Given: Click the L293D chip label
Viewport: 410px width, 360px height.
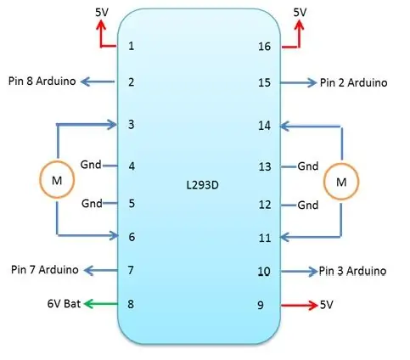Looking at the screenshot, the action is [x=202, y=185].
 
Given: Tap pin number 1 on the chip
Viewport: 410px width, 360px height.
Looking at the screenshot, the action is [x=131, y=46].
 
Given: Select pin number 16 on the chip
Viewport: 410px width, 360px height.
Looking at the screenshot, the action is [x=264, y=47].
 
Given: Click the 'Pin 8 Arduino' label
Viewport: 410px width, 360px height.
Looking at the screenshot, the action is [x=42, y=82].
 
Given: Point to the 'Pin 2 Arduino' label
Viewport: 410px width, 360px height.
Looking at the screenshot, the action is [x=353, y=83].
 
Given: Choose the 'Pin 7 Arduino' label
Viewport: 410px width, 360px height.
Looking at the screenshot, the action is [x=45, y=269].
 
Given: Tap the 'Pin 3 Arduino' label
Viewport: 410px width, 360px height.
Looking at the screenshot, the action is [x=352, y=271].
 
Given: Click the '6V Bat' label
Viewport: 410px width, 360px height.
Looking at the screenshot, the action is [x=64, y=304].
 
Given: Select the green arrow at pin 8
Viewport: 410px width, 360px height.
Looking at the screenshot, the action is [x=101, y=304].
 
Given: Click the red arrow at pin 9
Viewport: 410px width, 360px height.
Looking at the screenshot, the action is [x=300, y=305].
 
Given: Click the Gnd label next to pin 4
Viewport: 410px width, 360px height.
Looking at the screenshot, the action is [x=91, y=165].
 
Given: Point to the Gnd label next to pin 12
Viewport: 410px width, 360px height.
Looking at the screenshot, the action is [x=308, y=205].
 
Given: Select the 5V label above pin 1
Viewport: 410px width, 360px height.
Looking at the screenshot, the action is [x=102, y=13].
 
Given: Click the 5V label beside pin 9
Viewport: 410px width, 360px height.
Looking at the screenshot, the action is [x=327, y=305].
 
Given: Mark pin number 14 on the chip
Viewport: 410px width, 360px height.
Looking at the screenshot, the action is [x=264, y=126].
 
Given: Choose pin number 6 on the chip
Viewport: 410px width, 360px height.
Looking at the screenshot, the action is [x=132, y=237].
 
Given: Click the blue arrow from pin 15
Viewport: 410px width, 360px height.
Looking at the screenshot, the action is [x=298, y=82].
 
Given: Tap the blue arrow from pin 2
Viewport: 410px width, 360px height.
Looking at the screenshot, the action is [x=98, y=82].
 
